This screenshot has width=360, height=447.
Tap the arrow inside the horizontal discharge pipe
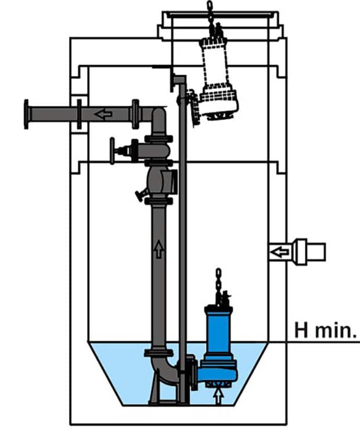(x=103, y=114)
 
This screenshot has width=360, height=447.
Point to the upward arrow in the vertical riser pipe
(x=159, y=250)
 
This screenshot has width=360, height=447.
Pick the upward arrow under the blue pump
(x=218, y=396)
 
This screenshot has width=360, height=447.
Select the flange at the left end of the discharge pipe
(x=26, y=114)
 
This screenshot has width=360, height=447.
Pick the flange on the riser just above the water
(x=159, y=352)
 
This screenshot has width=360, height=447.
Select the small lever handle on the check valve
(x=140, y=195)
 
